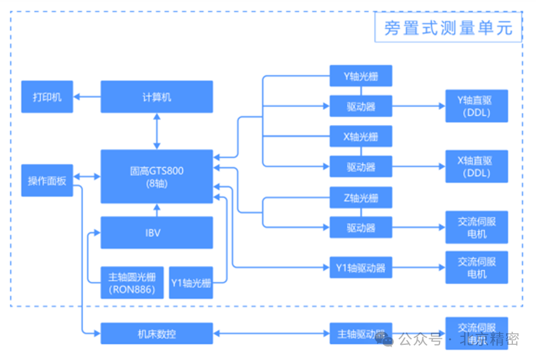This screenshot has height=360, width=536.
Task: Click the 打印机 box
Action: point(47,97)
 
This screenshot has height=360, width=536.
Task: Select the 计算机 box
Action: point(157,97)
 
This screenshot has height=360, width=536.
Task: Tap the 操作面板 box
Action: point(47,180)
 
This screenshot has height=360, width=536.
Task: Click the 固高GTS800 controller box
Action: point(157,177)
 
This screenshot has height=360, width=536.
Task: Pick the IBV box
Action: point(157,233)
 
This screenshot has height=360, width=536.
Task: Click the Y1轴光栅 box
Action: point(191,283)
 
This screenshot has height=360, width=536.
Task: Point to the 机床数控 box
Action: point(157,334)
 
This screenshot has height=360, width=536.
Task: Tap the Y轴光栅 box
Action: point(361,76)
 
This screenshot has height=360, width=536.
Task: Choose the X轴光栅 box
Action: point(361,136)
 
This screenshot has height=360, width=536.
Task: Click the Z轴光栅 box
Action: point(361,197)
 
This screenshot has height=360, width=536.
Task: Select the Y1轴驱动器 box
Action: point(361,267)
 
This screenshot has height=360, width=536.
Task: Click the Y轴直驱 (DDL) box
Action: point(477,106)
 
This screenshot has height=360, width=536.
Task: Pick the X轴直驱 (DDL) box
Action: point(477,166)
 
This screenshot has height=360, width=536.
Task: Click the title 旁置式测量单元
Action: point(448,27)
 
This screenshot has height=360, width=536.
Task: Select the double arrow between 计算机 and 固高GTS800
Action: point(157,131)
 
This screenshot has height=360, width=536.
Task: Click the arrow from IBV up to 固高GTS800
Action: point(157,210)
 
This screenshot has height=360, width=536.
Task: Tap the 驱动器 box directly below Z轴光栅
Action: point(361,228)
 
